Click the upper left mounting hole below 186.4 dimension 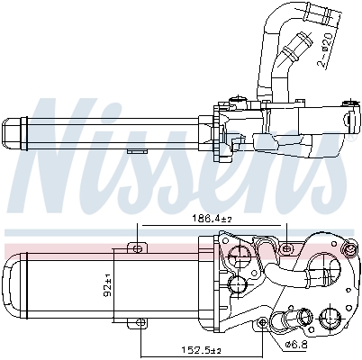point(138,247)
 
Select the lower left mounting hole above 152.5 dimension point(140,319)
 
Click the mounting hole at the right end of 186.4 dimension point(285,247)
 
